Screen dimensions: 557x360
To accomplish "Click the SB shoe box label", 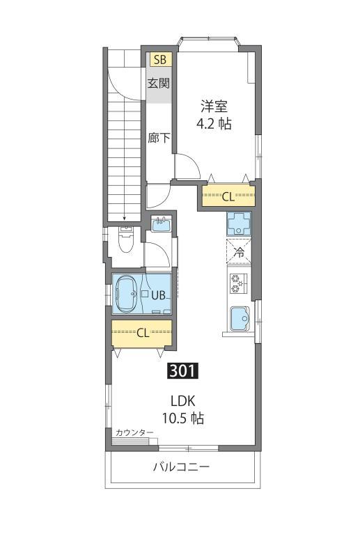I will point(159,60).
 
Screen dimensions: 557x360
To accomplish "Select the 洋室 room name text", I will point(214,107).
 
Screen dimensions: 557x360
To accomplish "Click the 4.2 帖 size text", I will point(214,125).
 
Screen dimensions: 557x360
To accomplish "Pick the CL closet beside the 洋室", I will point(228,196).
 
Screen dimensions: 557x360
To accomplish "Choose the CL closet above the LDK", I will point(142,332).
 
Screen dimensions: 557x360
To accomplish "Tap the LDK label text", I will point(184,401).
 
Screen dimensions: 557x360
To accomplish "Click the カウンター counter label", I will point(134,433).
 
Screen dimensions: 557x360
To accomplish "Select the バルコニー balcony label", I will point(182,466).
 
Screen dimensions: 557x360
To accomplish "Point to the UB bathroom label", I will point(158,295).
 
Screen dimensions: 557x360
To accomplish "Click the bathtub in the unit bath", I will point(128,293).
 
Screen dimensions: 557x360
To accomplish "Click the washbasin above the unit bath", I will point(162,224).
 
